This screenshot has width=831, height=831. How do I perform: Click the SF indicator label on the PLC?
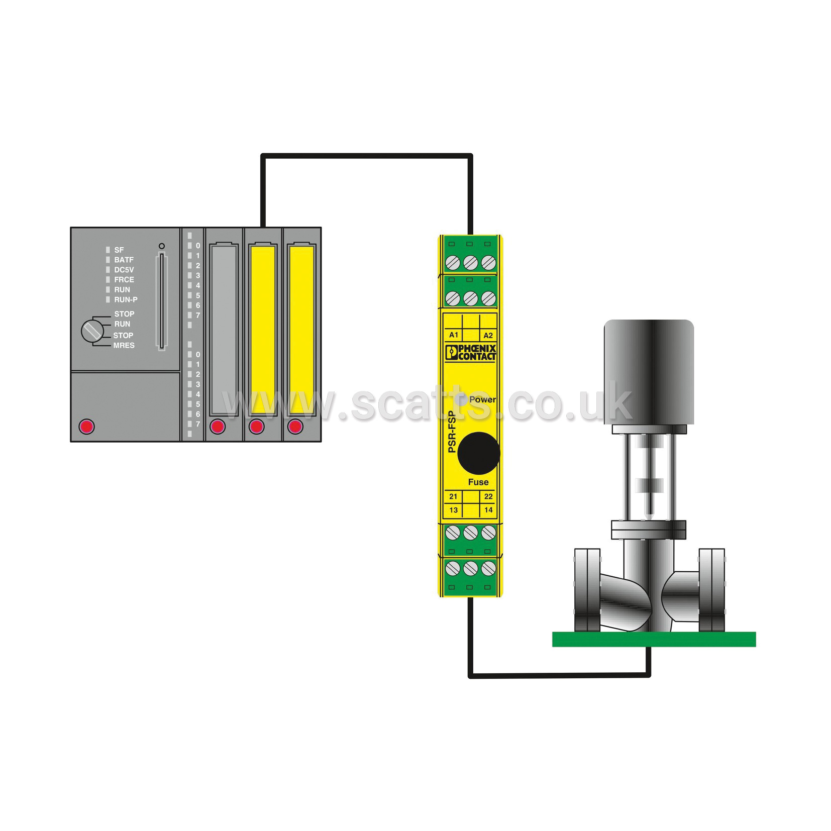(119, 250)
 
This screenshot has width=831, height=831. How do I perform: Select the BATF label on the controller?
(124, 260)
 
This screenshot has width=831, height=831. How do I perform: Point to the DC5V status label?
(124, 270)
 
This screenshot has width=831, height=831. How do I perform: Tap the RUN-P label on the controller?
(126, 299)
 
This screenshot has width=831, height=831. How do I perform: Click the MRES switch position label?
(124, 345)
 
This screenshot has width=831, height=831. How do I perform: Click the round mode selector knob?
(92, 331)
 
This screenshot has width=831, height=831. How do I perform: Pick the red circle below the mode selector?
(86, 427)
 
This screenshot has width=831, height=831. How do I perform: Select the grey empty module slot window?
(224, 329)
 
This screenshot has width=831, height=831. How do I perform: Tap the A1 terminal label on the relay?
(453, 335)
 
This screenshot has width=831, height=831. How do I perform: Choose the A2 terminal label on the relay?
(488, 335)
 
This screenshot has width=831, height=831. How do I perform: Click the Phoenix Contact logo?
(471, 352)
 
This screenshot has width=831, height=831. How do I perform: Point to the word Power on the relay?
(482, 399)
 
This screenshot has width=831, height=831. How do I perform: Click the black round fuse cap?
(478, 453)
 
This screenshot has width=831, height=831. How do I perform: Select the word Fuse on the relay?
(478, 482)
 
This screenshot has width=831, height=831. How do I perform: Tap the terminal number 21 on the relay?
(453, 496)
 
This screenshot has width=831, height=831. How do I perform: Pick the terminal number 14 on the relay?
(488, 510)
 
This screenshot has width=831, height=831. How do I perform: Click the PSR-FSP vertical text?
(452, 432)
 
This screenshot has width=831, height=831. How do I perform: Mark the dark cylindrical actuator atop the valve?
(649, 372)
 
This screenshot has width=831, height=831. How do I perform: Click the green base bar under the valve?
(654, 639)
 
